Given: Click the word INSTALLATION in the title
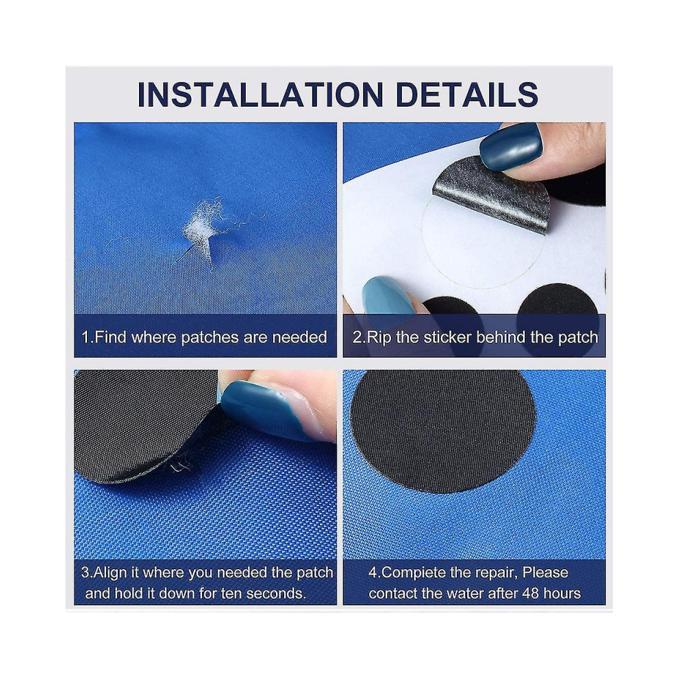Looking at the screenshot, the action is click(260, 95).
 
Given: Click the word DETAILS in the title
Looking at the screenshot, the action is click(466, 95).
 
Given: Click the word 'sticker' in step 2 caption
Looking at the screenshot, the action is click(447, 337).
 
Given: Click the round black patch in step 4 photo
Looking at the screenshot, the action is click(443, 431).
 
